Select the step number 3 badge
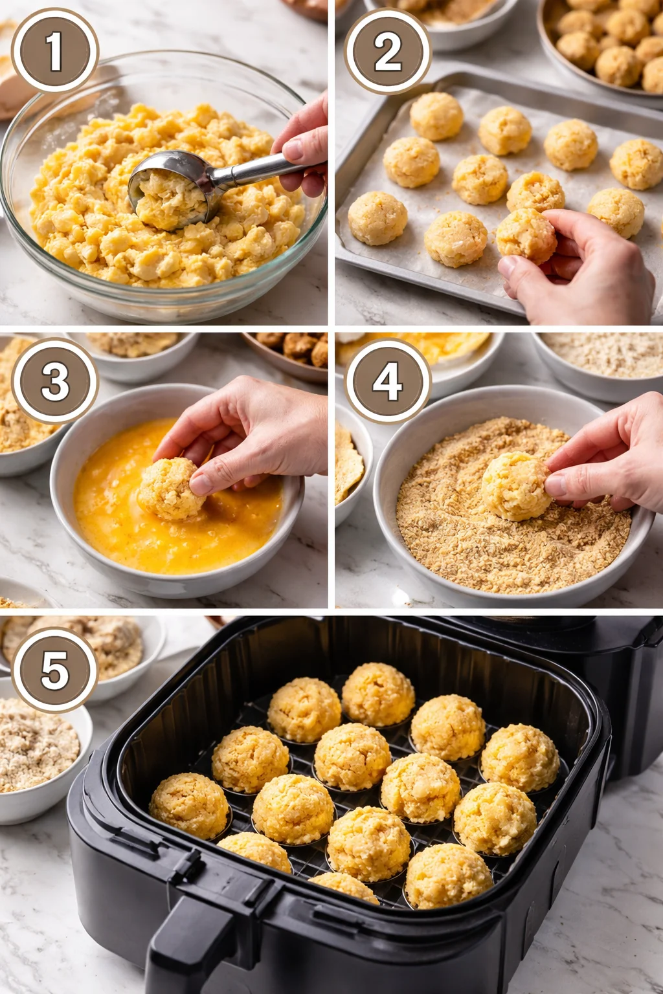[54, 381]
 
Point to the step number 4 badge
[387, 381]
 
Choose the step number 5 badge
[54, 669]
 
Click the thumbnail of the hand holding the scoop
[293, 150]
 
